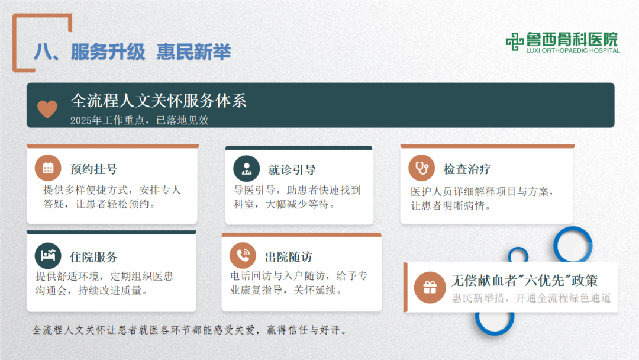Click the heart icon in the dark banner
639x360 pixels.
[x=47, y=108]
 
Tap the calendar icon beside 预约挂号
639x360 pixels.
[x=48, y=168]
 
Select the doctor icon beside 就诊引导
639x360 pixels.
[x=246, y=168]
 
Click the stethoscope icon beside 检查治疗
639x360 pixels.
[x=421, y=168]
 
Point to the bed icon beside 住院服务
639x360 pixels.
[x=48, y=256]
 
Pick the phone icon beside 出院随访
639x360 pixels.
[x=243, y=256]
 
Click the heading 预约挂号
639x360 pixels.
[x=93, y=169]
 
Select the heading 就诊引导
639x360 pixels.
[x=292, y=170]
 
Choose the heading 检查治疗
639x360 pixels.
[x=467, y=169]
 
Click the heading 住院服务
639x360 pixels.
[x=93, y=257]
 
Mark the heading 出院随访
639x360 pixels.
[x=288, y=257]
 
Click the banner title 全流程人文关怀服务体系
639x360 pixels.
[x=159, y=100]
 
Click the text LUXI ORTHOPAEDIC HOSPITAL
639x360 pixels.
[x=573, y=51]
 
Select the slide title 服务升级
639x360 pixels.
[x=108, y=52]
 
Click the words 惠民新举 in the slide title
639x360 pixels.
[x=193, y=52]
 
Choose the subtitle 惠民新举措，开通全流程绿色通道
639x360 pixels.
[x=531, y=298]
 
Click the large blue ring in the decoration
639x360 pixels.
[x=572, y=243]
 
